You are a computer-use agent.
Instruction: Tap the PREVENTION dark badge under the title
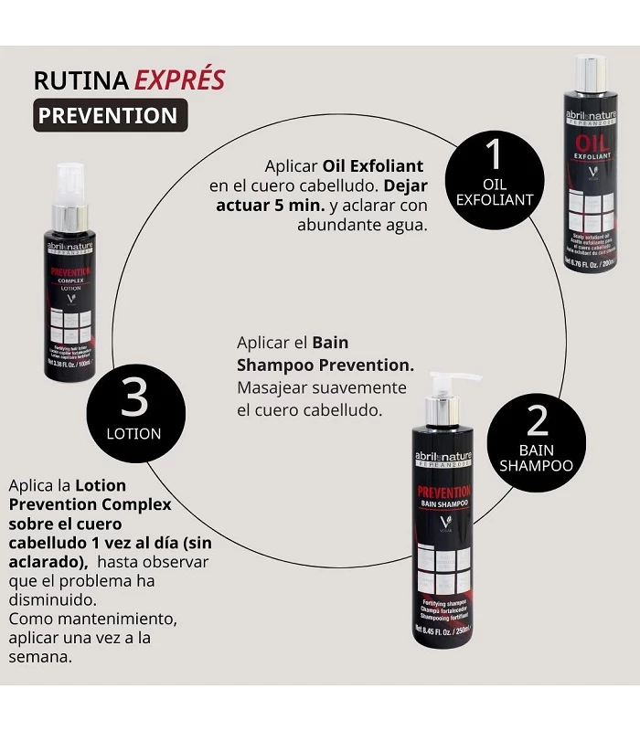[x=110, y=116]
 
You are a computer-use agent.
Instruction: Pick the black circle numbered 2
[x=537, y=436]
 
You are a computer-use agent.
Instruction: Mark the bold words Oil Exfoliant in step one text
[x=373, y=166]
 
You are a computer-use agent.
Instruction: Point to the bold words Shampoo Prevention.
[x=325, y=365]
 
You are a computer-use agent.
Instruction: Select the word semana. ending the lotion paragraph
[x=40, y=656]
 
